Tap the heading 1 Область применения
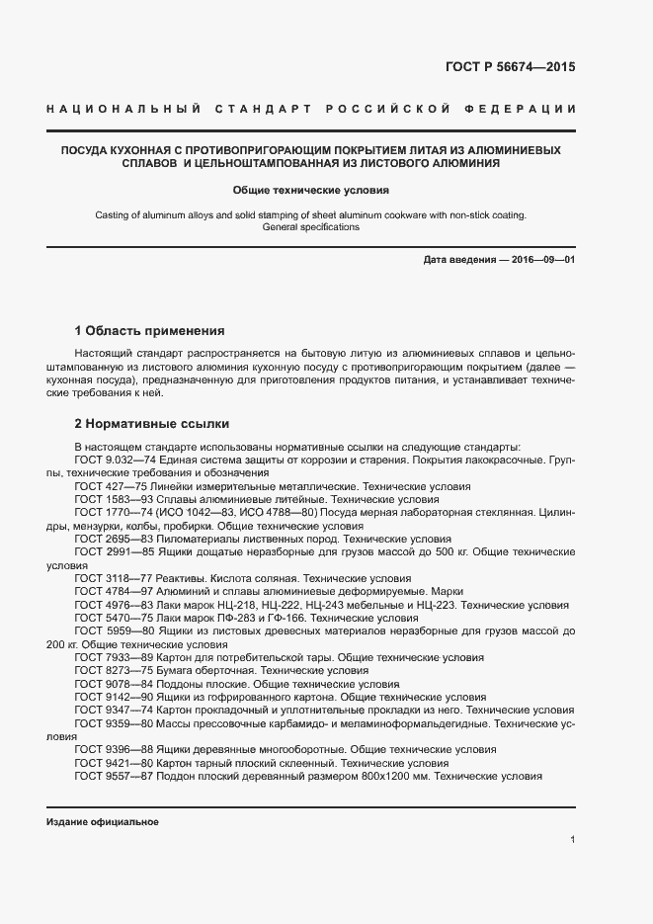click(150, 330)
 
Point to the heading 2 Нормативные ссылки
click(152, 424)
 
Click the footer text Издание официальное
click(103, 822)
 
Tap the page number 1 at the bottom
click(572, 840)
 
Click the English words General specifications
click(311, 227)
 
